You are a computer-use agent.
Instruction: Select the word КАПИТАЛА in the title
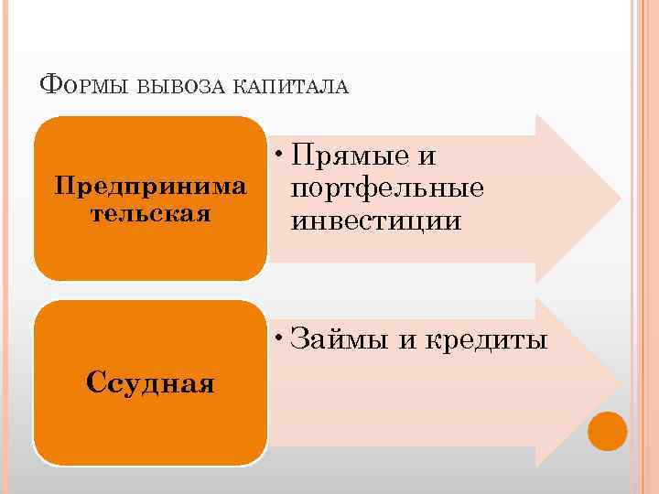coord(292,87)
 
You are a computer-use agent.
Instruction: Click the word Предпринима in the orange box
coord(150,187)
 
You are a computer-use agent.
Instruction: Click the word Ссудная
coord(150,381)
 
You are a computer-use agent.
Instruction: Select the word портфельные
coord(385,189)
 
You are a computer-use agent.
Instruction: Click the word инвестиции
coord(375,220)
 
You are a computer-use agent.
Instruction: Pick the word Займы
coord(340,341)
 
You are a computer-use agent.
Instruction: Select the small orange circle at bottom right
coord(607,431)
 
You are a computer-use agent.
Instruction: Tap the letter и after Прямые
coord(426,157)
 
